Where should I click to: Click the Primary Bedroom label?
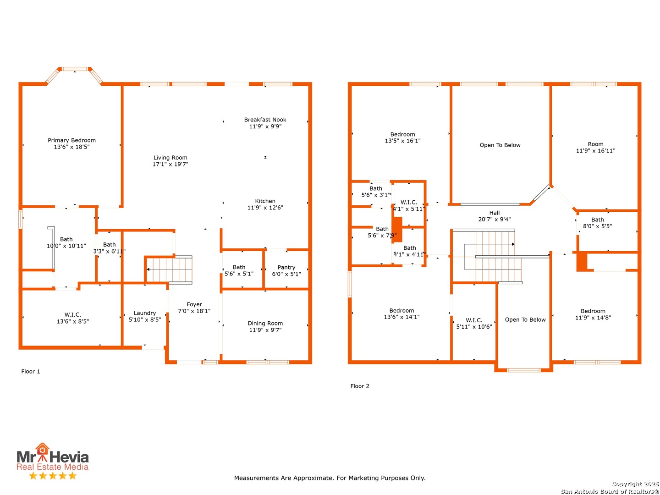pyautogui.click(x=71, y=143)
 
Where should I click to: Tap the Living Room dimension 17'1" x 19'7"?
pyautogui.click(x=170, y=164)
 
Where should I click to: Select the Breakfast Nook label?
pyautogui.click(x=265, y=123)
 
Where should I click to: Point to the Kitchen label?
pyautogui.click(x=265, y=204)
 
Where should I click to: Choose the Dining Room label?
pyautogui.click(x=265, y=326)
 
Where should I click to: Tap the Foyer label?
pyautogui.click(x=194, y=308)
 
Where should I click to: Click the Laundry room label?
pyautogui.click(x=145, y=316)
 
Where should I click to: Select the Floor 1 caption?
pyautogui.click(x=30, y=371)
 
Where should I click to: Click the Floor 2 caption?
pyautogui.click(x=360, y=386)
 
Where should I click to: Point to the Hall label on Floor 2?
pyautogui.click(x=495, y=216)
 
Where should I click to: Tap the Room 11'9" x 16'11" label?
pyautogui.click(x=595, y=147)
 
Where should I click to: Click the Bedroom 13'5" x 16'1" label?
pyautogui.click(x=402, y=137)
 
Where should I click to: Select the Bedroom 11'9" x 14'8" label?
pyautogui.click(x=593, y=314)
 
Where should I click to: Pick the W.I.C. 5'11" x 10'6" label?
pyautogui.click(x=474, y=324)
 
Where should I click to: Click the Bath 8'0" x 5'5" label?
pyautogui.click(x=597, y=223)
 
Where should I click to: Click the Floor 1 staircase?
pyautogui.click(x=169, y=269)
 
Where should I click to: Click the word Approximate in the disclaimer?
pyautogui.click(x=313, y=478)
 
